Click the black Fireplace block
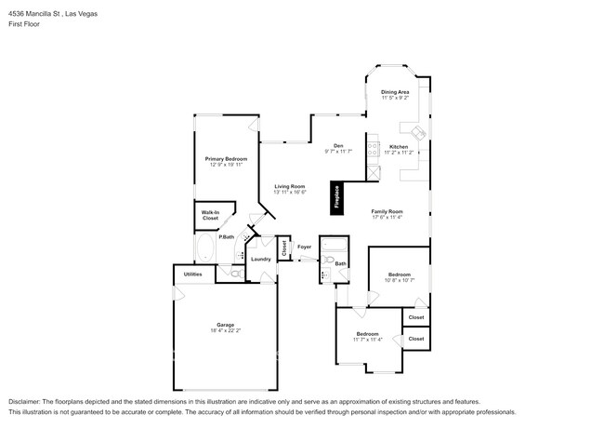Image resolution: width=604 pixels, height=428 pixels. coord(337,196)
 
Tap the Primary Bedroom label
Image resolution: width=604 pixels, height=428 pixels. coord(226,159)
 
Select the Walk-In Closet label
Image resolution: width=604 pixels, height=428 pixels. coord(210,215)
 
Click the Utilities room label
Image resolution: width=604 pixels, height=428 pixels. coord(192,274)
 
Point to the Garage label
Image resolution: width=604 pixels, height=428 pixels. coord(226,325)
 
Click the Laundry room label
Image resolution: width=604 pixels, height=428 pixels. coord(260,259)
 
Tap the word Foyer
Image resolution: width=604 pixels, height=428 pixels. coord(304,247)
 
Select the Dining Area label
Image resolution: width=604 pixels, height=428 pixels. coord(395,92)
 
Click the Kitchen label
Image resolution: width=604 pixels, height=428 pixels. coord(399,148)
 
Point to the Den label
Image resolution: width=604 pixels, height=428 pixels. coord(339,145)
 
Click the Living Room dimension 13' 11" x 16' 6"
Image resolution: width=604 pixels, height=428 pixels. coord(289,193)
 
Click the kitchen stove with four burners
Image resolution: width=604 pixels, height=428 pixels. coord(374,149)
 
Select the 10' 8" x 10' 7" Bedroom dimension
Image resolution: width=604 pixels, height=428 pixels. coord(399,280)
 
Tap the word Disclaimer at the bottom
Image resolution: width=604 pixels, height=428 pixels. coord(25,401)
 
